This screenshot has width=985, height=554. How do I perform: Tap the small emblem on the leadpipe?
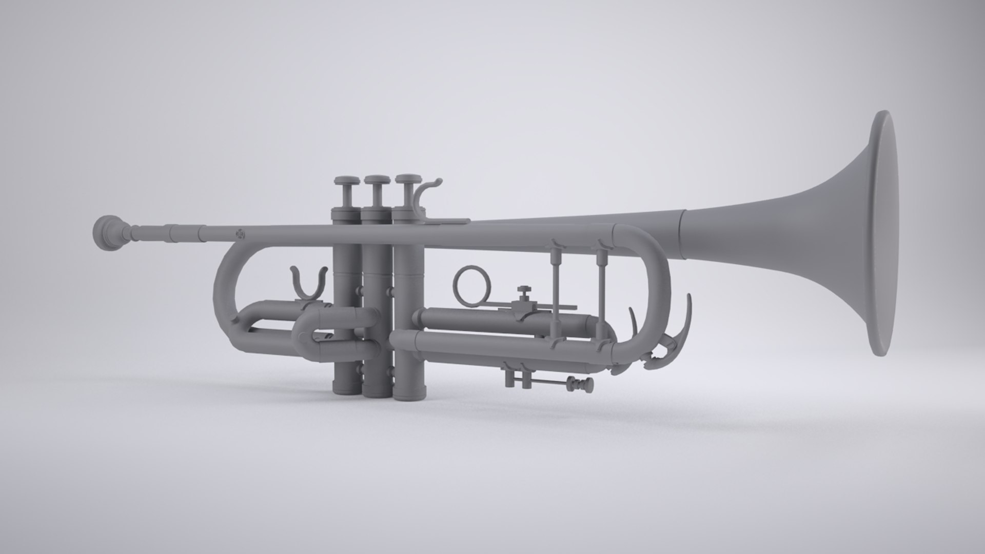tap(239, 234)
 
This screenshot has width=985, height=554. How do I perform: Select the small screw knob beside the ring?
tap(523, 291)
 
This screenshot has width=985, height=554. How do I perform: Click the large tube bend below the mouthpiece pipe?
tap(226, 287)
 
